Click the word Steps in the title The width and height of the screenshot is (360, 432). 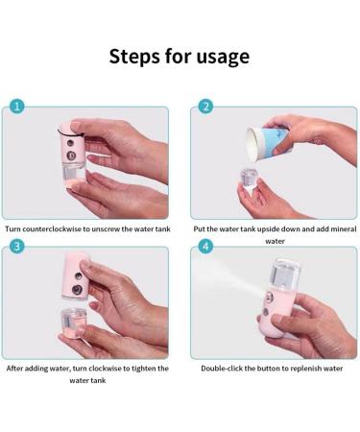(x=135, y=57)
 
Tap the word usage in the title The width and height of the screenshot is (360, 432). (x=223, y=58)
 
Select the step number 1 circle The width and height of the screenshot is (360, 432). (x=17, y=107)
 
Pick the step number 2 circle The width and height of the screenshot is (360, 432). (x=205, y=107)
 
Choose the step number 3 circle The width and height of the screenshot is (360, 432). (x=17, y=247)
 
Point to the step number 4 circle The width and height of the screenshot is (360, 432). (x=205, y=247)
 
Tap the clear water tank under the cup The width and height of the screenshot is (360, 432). (x=250, y=178)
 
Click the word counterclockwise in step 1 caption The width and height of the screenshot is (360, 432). (x=52, y=229)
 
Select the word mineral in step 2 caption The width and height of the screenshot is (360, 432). (x=344, y=229)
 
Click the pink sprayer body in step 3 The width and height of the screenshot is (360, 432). (x=75, y=277)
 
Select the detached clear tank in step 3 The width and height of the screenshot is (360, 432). (x=73, y=322)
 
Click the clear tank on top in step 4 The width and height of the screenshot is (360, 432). (x=285, y=275)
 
